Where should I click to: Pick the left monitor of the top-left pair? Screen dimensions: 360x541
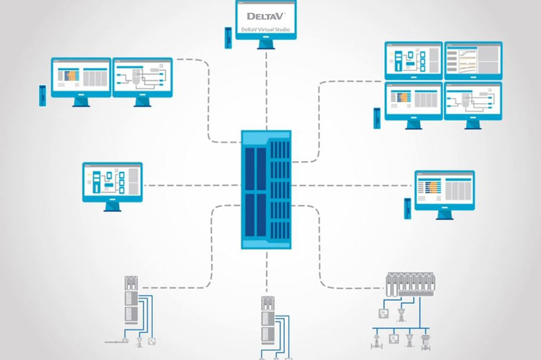coord(80,77)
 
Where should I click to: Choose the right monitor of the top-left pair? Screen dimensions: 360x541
coord(140,77)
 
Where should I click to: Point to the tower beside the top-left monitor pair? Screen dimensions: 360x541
coord(43,93)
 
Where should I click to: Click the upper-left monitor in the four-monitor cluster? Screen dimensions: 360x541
coord(413,60)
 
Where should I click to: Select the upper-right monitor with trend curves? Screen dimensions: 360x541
coord(472,60)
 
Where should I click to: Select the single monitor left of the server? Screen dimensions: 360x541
coord(112,181)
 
